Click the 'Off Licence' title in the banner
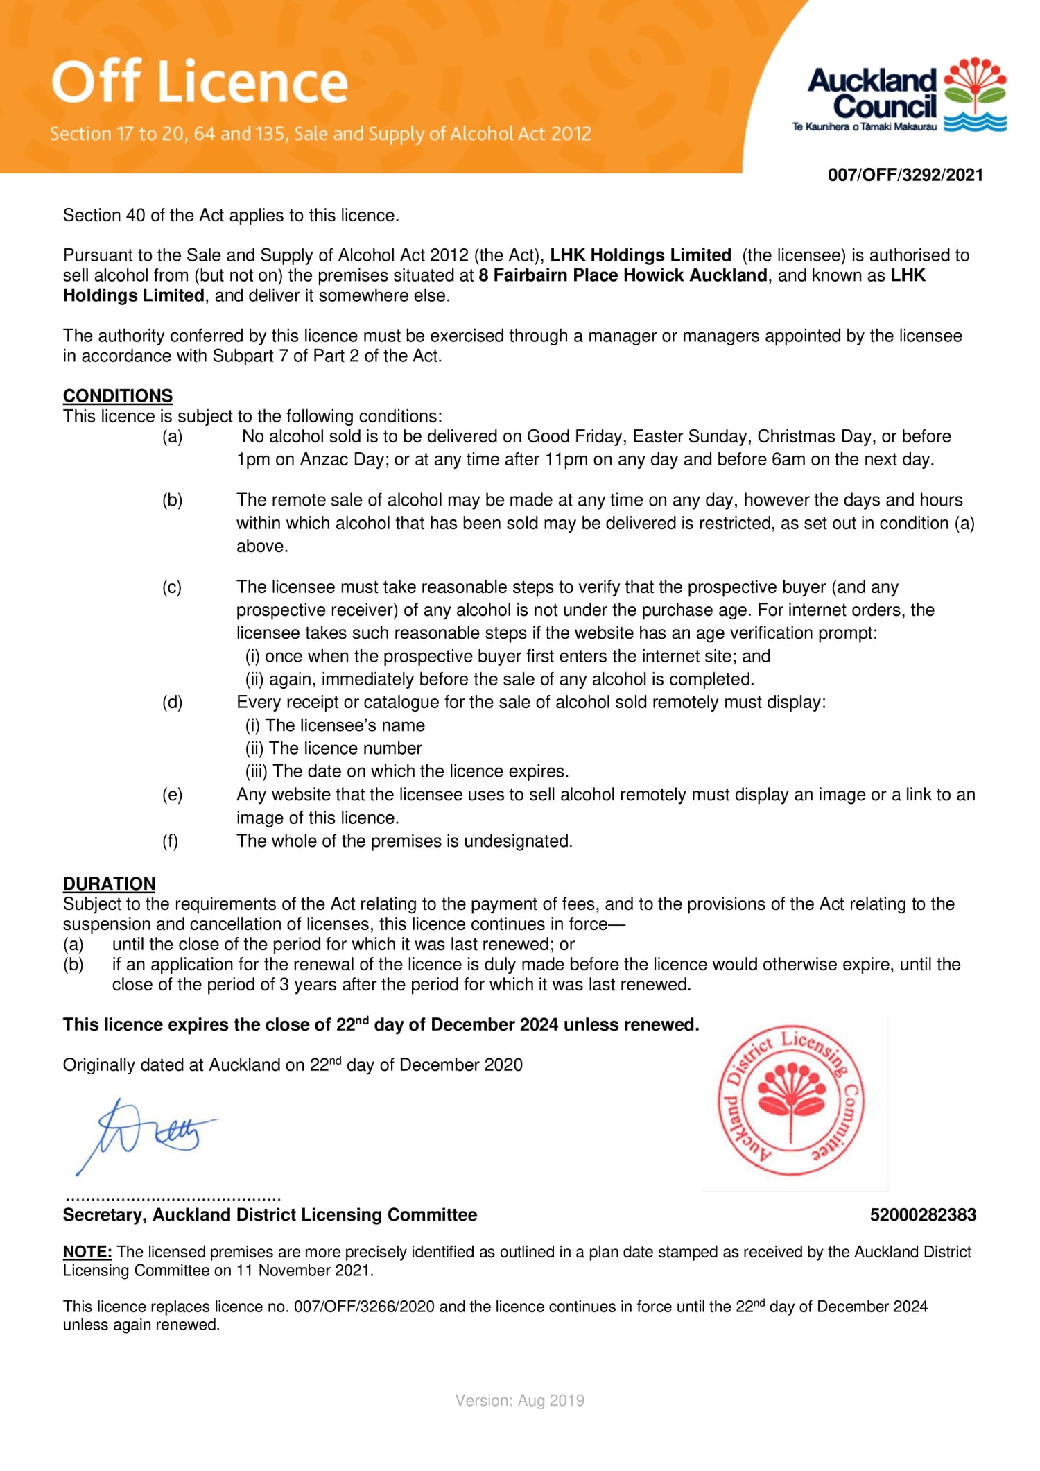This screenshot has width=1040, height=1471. (x=200, y=82)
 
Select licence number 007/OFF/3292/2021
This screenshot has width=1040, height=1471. (x=905, y=175)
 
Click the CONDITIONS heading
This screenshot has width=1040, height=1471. (x=118, y=395)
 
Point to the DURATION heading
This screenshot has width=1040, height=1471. (x=109, y=884)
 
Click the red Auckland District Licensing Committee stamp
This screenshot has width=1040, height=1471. (x=790, y=1101)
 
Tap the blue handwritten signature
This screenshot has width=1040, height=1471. (x=146, y=1135)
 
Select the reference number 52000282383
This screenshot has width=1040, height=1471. (x=923, y=1214)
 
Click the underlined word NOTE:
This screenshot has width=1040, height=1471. (x=87, y=1252)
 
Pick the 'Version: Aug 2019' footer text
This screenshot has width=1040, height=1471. (x=519, y=1400)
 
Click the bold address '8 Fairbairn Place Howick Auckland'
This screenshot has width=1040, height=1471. (x=623, y=275)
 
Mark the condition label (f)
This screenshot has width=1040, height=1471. (x=170, y=841)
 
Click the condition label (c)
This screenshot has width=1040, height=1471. (x=172, y=587)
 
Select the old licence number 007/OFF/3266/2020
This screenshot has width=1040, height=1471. (x=364, y=1307)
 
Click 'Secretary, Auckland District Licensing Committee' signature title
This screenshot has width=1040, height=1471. (x=270, y=1214)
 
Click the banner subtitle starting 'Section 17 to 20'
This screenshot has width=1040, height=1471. (x=320, y=134)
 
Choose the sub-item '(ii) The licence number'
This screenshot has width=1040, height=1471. (x=333, y=748)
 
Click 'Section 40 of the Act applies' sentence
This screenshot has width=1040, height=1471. (x=231, y=216)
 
